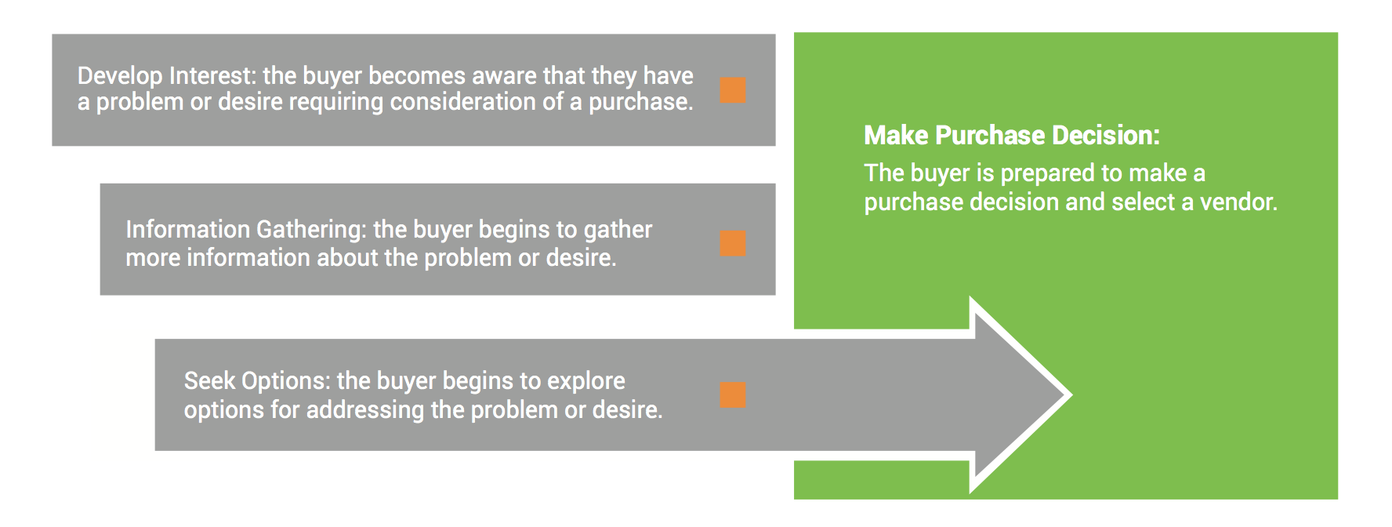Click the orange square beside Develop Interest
(x=733, y=90)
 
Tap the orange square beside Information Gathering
(x=733, y=243)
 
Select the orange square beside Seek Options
(x=733, y=394)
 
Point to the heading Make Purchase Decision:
(x=1012, y=136)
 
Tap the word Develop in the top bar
(x=120, y=75)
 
